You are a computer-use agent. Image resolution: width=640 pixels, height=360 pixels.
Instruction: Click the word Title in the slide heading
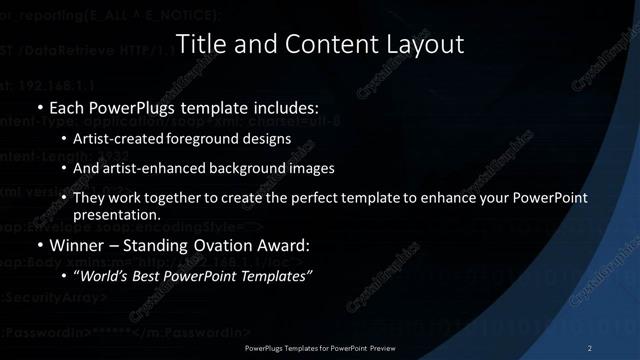tap(198, 44)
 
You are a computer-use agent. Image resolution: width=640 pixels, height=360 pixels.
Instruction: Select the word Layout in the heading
tap(427, 44)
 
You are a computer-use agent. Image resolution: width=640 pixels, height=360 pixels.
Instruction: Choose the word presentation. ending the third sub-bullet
tap(117, 215)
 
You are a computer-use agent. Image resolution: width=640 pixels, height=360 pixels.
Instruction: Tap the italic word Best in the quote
tap(151, 276)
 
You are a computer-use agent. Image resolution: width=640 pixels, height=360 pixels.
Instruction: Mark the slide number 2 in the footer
tap(591, 347)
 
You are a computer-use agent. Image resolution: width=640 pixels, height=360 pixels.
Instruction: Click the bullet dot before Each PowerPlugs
tap(39, 107)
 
